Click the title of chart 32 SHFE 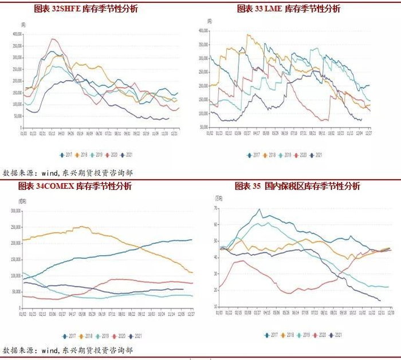point(86,9)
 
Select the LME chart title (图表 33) point(289,9)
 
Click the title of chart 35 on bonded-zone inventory point(297,186)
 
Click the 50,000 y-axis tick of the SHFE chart point(17,118)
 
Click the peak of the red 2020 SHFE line point(53,39)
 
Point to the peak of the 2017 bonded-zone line point(260,209)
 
